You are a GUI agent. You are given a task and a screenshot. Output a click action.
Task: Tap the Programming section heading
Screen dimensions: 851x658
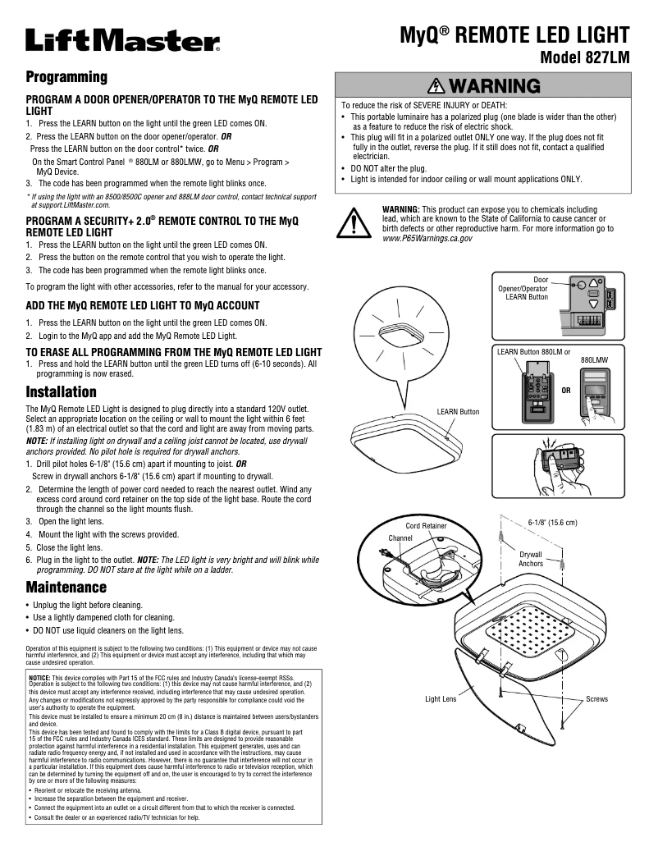click(x=66, y=77)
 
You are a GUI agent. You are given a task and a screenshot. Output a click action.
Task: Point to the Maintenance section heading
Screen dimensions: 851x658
click(x=66, y=588)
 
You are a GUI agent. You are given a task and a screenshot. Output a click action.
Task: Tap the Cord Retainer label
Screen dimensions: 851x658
click(x=427, y=525)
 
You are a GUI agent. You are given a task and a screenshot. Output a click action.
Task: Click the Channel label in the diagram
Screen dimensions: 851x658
click(x=401, y=538)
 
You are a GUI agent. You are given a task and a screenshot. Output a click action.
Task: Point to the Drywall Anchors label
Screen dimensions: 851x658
click(x=531, y=559)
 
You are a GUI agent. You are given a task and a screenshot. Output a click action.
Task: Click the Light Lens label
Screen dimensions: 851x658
click(x=441, y=699)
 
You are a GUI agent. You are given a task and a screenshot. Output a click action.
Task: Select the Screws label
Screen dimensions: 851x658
click(x=596, y=699)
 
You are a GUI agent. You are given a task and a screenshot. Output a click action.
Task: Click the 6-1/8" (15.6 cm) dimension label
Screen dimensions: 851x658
click(x=552, y=523)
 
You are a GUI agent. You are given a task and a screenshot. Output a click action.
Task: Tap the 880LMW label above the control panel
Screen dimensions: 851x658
click(x=595, y=359)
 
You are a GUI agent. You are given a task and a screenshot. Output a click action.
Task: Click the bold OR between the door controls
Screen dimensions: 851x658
click(x=565, y=391)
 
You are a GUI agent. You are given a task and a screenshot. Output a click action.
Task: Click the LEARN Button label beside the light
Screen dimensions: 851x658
click(x=458, y=411)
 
